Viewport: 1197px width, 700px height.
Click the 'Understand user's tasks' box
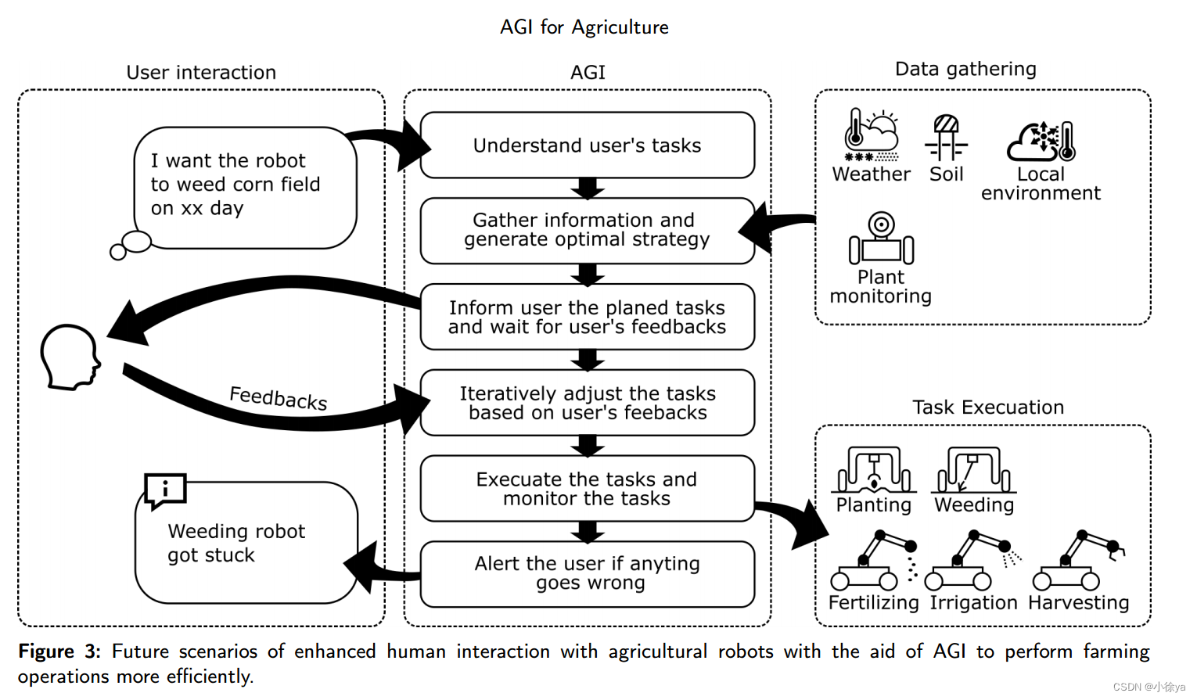coord(587,145)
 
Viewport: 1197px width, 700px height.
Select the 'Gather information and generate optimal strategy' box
coord(587,230)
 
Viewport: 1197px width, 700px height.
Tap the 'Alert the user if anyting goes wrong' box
coord(587,573)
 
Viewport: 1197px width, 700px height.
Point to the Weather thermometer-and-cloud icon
coord(871,134)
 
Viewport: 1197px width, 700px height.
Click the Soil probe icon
coord(946,136)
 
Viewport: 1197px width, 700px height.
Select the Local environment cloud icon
coord(1041,141)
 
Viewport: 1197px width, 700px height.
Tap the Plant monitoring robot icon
coord(881,239)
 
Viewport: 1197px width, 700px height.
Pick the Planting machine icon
coord(874,469)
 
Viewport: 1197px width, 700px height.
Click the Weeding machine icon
coord(973,469)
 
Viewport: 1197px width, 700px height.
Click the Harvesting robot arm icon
coord(1077,561)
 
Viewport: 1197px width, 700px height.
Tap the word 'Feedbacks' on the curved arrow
coord(278,398)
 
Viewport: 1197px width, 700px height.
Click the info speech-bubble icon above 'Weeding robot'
coord(165,490)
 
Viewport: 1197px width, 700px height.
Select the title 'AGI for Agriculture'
coord(584,27)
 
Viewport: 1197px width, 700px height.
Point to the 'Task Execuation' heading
coord(987,407)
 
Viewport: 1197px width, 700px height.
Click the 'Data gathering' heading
coord(965,70)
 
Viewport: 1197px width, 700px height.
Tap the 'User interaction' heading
coord(201,73)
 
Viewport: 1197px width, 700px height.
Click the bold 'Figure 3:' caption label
coord(59,652)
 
